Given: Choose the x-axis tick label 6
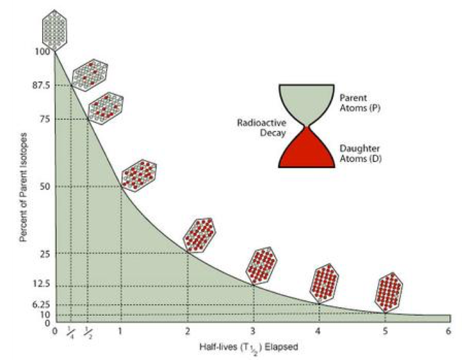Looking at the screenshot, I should pos(448,331).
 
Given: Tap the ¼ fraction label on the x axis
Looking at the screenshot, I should pos(71,333).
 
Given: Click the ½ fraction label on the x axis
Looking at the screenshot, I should pos(87,333).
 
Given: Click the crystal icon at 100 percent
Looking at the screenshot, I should pos(55,29).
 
